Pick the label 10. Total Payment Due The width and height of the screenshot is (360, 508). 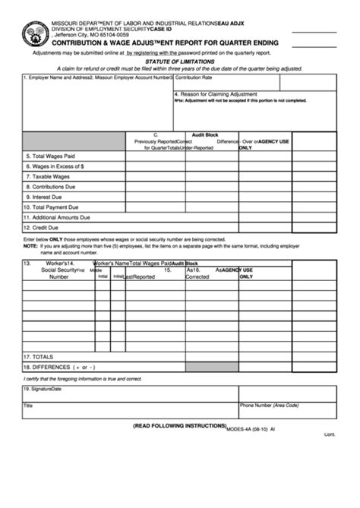(x=51, y=207)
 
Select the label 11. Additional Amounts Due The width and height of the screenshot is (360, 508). (x=57, y=216)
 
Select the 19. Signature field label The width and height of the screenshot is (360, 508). (x=42, y=390)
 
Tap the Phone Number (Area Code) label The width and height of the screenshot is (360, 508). (x=270, y=405)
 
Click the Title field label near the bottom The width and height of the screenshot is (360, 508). (x=28, y=405)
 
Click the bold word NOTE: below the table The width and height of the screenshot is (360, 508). (x=30, y=246)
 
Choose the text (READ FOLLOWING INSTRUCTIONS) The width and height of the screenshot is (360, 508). (x=179, y=425)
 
